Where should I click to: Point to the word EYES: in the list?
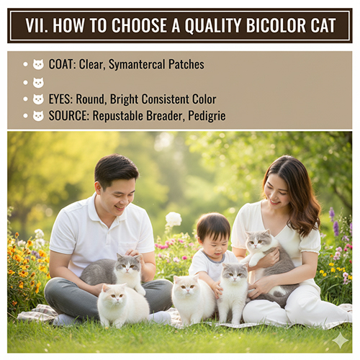(63, 99)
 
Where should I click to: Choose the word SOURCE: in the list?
(69, 116)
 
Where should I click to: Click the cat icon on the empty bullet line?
(38, 83)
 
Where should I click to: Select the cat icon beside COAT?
(38, 65)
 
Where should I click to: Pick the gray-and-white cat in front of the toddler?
(234, 288)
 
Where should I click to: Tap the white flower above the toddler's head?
(174, 219)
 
